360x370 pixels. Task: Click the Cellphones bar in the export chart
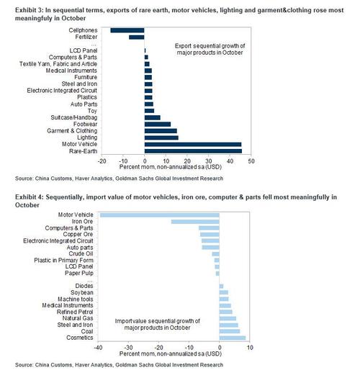pos(127,30)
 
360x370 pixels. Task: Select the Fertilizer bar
pos(137,37)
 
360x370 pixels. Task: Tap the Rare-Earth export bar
pos(193,151)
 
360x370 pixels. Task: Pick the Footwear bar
pos(158,125)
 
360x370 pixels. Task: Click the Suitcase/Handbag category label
pos(74,117)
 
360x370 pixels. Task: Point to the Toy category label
pos(92,111)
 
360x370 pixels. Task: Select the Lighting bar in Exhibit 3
pos(161,137)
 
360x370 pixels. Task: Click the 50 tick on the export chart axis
pos(251,161)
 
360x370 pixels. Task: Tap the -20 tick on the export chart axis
pos(102,161)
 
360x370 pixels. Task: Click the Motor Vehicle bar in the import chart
pos(160,215)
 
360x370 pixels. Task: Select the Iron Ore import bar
pos(195,222)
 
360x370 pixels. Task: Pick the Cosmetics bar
pos(233,338)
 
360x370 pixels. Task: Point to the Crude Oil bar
pos(215,254)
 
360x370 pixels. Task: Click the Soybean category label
pos(82,292)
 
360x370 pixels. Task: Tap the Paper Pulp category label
pos(79,273)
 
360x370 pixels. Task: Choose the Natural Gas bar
pos(228,318)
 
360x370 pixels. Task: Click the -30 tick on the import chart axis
pos(128,348)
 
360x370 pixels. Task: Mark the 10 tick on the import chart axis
pos(250,348)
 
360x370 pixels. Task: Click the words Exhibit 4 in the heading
pos(29,197)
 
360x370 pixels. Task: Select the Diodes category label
pos(84,286)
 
